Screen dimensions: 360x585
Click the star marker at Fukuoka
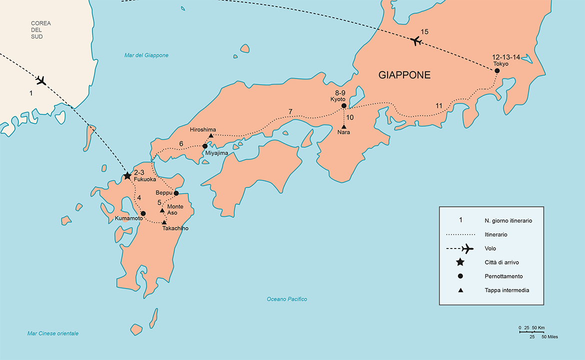tap(127, 176)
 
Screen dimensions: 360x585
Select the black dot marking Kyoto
tap(343, 105)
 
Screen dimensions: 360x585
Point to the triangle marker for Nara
tap(344, 126)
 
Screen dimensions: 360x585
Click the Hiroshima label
tap(203, 129)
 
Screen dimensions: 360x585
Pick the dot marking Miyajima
tap(205, 146)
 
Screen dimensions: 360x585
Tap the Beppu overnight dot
tap(176, 193)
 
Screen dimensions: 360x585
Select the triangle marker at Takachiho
tap(164, 222)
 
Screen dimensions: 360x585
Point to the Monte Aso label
tap(175, 209)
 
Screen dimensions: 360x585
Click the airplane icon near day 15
tap(415, 41)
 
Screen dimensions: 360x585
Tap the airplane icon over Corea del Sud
tap(41, 80)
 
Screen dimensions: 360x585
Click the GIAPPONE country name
tap(404, 75)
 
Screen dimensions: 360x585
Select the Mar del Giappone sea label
tap(146, 55)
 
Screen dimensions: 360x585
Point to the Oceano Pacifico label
tap(286, 299)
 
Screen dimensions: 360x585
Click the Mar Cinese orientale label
tap(53, 333)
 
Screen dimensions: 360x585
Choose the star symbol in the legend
tap(460, 262)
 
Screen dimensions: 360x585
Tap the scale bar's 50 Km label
tap(537, 327)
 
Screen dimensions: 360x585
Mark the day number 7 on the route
tap(290, 111)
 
